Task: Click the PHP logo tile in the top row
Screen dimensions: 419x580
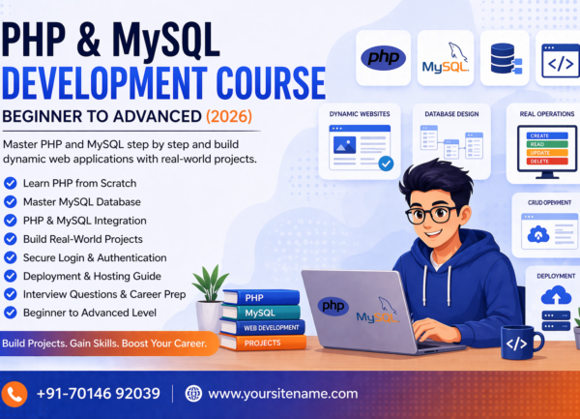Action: [383, 57]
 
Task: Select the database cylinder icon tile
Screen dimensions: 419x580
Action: [505, 57]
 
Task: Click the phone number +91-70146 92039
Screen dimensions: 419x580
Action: [98, 393]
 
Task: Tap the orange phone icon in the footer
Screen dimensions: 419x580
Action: [15, 393]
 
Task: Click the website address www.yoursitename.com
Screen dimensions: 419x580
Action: [282, 393]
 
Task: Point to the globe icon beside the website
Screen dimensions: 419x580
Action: [193, 393]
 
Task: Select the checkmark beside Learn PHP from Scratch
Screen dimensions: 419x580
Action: [11, 182]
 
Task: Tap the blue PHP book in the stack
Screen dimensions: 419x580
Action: [259, 297]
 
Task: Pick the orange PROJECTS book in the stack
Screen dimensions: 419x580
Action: [262, 343]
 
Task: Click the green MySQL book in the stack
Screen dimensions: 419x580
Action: [259, 313]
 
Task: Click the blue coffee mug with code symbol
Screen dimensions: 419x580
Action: [519, 342]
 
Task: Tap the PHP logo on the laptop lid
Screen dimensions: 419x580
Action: [333, 306]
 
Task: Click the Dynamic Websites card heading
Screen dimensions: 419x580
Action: [359, 114]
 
